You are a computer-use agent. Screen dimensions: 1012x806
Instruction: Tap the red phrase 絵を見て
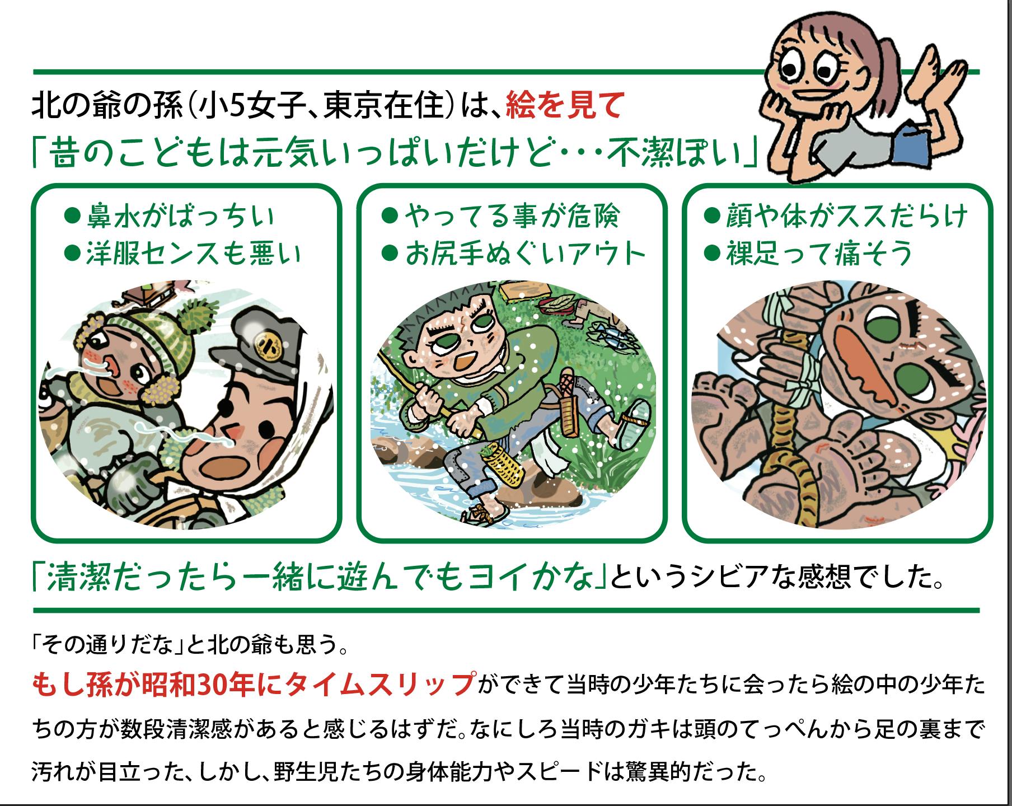564,106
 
